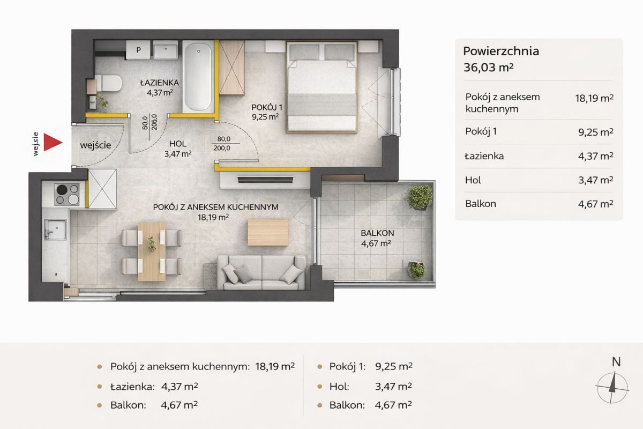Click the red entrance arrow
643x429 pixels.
coord(53,142)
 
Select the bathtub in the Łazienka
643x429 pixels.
coord(198,77)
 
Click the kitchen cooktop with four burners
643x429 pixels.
coord(67,194)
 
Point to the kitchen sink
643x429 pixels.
coord(55,230)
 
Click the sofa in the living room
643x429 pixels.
coord(261,273)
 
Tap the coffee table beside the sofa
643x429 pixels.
coord(268,232)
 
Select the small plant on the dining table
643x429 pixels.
coord(152,243)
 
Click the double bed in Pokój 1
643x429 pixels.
coord(322,87)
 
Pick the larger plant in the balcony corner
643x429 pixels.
coord(419,197)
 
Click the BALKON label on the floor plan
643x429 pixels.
coord(377,233)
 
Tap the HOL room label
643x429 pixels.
coord(178,143)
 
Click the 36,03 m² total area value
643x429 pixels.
coord(488,68)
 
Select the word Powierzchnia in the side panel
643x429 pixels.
coord(501,51)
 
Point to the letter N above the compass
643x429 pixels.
coord(616,362)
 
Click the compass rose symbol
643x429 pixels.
coord(612,388)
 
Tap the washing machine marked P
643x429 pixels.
coord(138,50)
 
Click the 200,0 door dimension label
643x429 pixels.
coord(222,148)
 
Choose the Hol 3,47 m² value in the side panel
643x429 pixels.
coord(596,180)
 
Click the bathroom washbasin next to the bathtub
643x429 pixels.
coord(166,50)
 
